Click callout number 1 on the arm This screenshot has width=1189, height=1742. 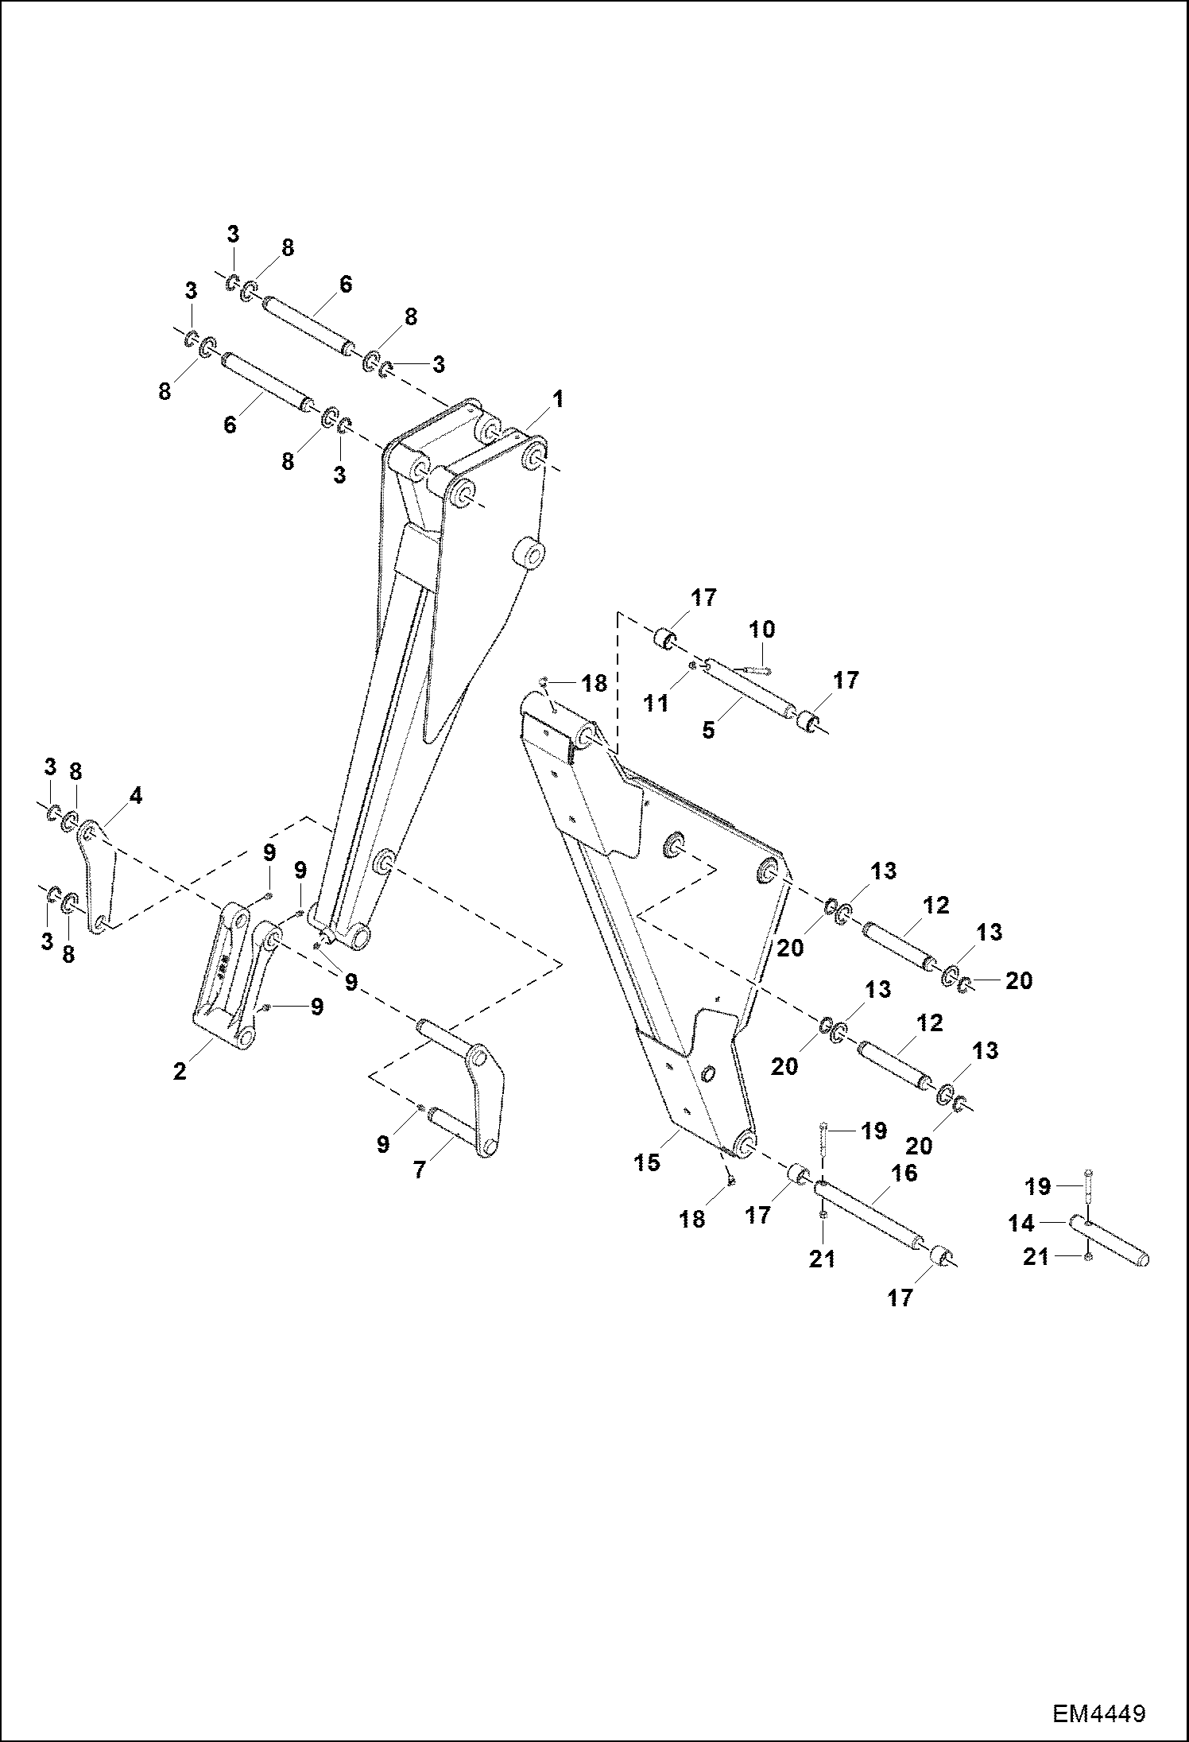(x=558, y=399)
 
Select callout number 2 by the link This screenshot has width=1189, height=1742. (x=180, y=1071)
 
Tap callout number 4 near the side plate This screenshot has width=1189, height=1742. (x=136, y=795)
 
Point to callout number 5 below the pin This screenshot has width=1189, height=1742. (x=709, y=730)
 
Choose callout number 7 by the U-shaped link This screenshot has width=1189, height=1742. (x=419, y=1170)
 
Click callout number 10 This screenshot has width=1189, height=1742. (x=761, y=630)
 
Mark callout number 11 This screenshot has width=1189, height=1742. (x=656, y=703)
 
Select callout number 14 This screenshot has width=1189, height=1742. (x=1021, y=1223)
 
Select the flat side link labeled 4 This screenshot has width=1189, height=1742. (x=99, y=879)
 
